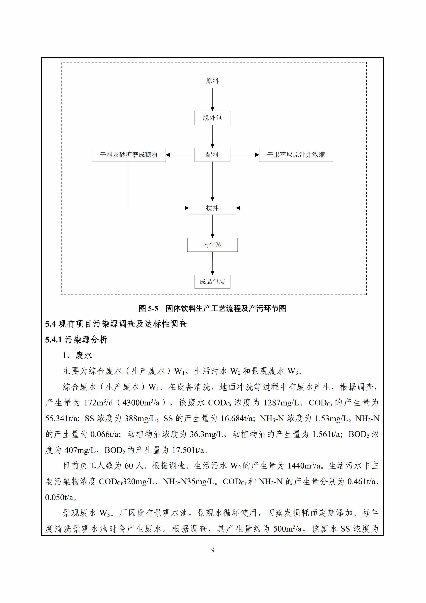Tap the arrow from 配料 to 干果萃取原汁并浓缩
[x=244, y=155]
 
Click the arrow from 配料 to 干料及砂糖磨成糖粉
[x=180, y=155]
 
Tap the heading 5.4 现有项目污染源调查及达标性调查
[x=116, y=324]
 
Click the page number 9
[x=213, y=550]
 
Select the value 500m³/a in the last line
[x=288, y=529]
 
